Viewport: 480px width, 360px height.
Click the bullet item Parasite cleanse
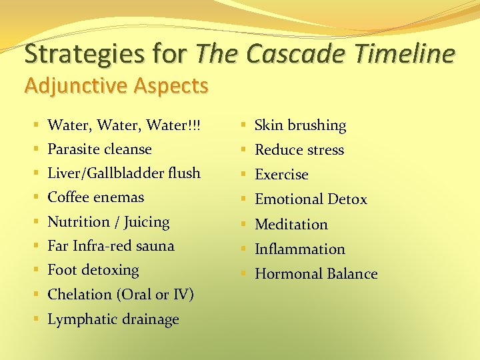tap(99, 149)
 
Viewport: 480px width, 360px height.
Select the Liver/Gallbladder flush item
tap(123, 173)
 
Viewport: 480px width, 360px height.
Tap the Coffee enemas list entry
tap(95, 197)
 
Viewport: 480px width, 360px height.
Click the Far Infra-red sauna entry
tap(111, 246)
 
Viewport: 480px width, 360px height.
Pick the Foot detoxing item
tap(93, 270)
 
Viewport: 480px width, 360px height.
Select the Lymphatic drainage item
tap(113, 319)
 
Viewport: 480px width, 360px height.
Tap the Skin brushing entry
tap(300, 125)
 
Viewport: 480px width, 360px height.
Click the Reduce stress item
tap(299, 150)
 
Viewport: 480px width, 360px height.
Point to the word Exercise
tap(281, 175)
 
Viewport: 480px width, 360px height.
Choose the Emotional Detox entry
tap(311, 199)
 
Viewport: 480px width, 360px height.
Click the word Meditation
tap(291, 225)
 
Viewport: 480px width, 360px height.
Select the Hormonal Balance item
tap(316, 274)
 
